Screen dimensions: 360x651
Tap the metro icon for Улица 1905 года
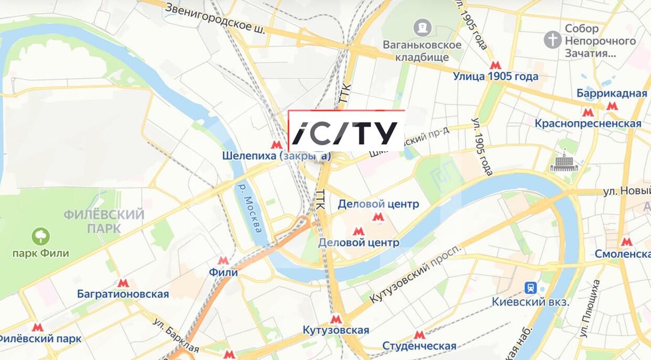(x=495, y=65)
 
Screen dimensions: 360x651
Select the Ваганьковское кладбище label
(x=422, y=51)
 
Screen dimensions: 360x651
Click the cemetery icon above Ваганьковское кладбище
(x=422, y=26)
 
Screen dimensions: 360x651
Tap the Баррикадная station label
(x=612, y=93)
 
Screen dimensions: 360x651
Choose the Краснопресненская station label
(x=587, y=123)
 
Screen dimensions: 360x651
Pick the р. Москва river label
(x=250, y=208)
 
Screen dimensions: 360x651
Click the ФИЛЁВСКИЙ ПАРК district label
(x=104, y=221)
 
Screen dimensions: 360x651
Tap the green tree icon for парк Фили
(x=40, y=236)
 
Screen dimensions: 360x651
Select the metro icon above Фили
(x=223, y=260)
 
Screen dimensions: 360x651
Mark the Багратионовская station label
(x=123, y=294)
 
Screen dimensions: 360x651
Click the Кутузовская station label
(x=336, y=330)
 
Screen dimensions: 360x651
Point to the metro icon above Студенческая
(x=419, y=334)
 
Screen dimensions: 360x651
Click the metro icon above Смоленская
(x=626, y=241)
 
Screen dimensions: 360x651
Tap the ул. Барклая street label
(x=176, y=335)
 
